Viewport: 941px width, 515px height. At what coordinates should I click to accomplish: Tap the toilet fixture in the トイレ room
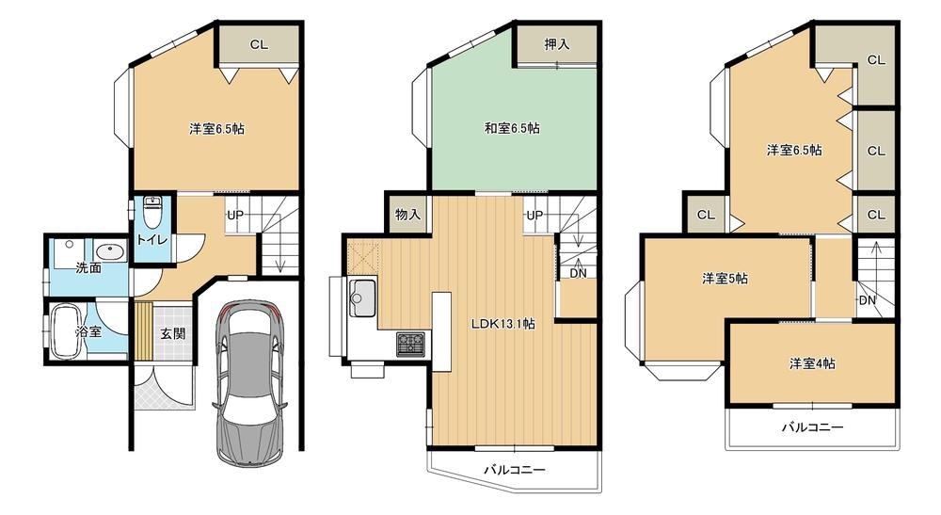click(153, 208)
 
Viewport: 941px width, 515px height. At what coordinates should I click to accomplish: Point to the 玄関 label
click(173, 333)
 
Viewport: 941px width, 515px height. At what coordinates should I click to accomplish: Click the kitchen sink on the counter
click(361, 298)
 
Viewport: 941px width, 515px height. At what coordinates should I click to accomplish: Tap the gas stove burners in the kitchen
click(410, 344)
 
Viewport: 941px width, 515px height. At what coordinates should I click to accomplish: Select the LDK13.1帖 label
click(502, 324)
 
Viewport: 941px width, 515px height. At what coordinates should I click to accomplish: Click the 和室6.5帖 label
click(512, 128)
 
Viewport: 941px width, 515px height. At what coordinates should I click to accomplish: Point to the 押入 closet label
click(556, 44)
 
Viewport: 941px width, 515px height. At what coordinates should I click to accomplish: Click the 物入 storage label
click(408, 215)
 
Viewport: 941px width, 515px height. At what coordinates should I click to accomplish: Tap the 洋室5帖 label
click(725, 279)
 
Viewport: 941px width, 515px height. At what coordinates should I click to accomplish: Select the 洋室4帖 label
click(812, 363)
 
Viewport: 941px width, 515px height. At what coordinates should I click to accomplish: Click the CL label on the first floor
click(260, 44)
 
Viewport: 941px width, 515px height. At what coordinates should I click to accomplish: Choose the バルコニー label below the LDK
click(515, 470)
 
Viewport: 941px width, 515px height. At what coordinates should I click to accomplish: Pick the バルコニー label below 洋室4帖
click(812, 427)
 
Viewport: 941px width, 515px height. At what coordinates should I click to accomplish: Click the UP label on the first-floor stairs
click(235, 215)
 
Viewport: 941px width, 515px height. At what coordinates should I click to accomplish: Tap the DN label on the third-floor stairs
click(868, 300)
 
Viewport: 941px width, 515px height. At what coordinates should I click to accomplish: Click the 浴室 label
click(88, 331)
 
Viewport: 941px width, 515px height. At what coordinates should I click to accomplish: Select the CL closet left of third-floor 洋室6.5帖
click(706, 215)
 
